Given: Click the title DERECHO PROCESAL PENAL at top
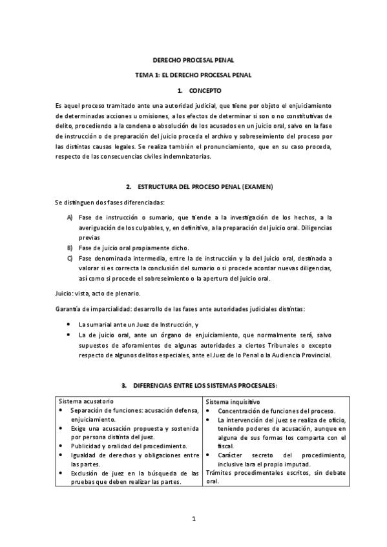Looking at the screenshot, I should (x=193, y=61).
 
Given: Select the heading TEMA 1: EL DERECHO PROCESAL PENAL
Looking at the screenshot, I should (x=193, y=76).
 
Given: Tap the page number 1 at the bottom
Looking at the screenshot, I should (x=193, y=519).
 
